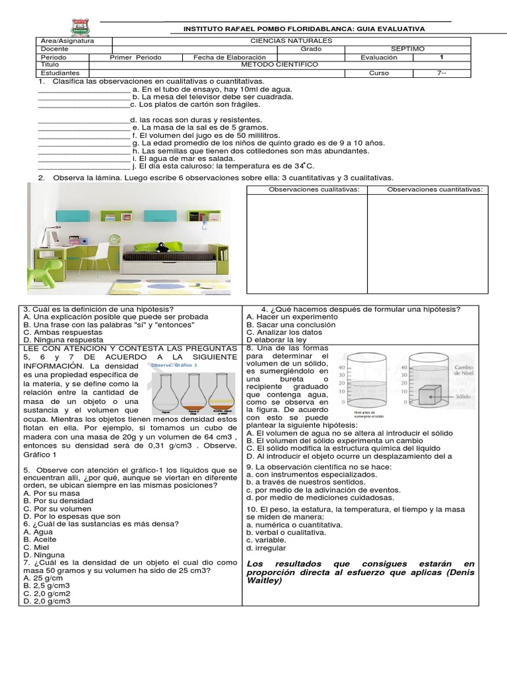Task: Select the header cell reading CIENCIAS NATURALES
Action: (x=292, y=41)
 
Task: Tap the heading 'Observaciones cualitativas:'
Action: (x=307, y=189)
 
